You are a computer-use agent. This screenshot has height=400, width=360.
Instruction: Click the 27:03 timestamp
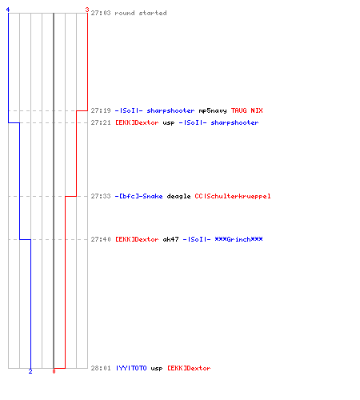tap(101, 13)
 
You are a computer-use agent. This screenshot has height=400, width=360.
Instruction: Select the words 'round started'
tap(141, 13)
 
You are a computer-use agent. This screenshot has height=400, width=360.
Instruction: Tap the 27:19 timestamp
tap(101, 110)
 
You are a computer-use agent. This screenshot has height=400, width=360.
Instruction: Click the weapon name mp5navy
tap(213, 110)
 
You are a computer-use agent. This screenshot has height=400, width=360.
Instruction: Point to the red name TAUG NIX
tap(246, 110)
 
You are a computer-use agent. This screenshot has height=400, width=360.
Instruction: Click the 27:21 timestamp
tap(101, 122)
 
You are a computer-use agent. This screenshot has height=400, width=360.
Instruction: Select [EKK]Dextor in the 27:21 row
tap(137, 122)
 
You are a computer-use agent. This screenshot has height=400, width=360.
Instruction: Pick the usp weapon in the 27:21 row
tap(169, 123)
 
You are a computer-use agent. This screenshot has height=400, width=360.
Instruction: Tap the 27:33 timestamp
tap(101, 196)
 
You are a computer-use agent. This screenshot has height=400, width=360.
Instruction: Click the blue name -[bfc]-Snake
tap(138, 196)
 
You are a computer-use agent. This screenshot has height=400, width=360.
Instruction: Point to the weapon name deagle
tap(178, 197)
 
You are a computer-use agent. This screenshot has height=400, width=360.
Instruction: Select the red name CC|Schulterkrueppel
tap(233, 196)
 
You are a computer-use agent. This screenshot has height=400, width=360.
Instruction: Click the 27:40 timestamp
tap(101, 239)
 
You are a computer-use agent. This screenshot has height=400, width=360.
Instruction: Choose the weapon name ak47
tap(170, 239)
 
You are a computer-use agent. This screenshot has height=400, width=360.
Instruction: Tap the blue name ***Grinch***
tap(238, 239)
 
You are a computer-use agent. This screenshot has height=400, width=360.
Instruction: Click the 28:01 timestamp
tap(101, 368)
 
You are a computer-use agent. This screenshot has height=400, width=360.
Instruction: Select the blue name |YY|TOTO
tap(131, 368)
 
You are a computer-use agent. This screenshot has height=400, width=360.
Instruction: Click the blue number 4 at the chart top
tap(8, 10)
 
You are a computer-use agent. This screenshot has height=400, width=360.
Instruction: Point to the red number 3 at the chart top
tap(87, 10)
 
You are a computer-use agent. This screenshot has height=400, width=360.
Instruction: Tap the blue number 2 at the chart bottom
tap(30, 371)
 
